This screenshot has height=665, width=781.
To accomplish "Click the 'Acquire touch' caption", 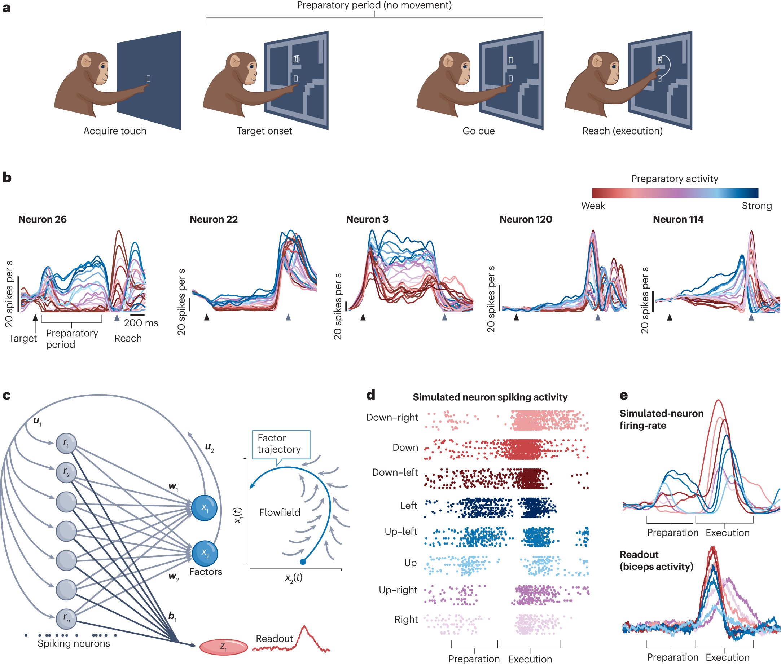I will pyautogui.click(x=115, y=131).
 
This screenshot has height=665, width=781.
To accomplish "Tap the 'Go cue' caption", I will pyautogui.click(x=478, y=131).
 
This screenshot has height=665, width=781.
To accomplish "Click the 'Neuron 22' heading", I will pyautogui.click(x=214, y=219).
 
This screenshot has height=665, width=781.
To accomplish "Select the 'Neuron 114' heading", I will pyautogui.click(x=678, y=219).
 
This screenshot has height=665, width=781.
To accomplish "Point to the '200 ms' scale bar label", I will pyautogui.click(x=141, y=323).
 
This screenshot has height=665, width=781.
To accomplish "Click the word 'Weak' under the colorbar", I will pyautogui.click(x=593, y=206).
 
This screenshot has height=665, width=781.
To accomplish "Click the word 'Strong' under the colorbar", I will pyautogui.click(x=756, y=206).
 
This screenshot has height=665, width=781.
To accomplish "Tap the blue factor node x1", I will pyautogui.click(x=204, y=508).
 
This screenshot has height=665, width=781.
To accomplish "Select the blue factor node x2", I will pyautogui.click(x=205, y=553).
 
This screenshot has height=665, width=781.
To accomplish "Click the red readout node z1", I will pyautogui.click(x=224, y=647).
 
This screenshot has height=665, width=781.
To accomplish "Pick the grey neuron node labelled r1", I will pyautogui.click(x=66, y=444).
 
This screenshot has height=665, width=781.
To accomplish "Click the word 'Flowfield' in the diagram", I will pyautogui.click(x=280, y=512).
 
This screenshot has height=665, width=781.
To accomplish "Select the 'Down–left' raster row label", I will pyautogui.click(x=395, y=472).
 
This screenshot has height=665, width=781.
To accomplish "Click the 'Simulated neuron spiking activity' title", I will pyautogui.click(x=490, y=397).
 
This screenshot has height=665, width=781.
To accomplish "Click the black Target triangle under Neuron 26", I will pyautogui.click(x=35, y=318).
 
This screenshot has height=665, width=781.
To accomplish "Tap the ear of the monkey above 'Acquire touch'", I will pyautogui.click(x=87, y=61).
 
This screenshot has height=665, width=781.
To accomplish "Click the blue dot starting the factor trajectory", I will pyautogui.click(x=303, y=562).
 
